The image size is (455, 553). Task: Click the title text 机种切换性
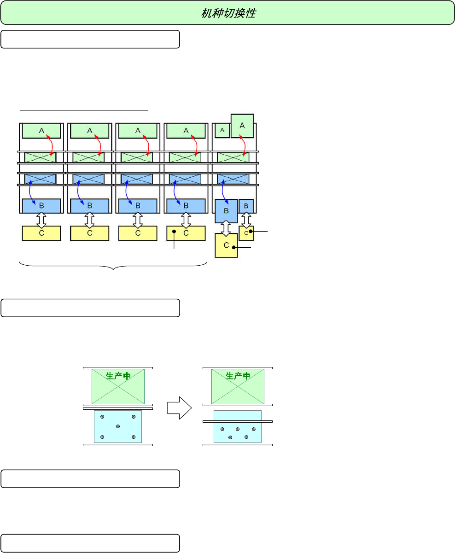[228, 13]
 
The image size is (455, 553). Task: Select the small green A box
[222, 131]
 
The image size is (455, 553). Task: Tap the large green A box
[242, 126]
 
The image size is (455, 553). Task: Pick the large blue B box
[226, 211]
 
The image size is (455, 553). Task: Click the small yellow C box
[246, 233]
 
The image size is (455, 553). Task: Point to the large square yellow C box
[226, 245]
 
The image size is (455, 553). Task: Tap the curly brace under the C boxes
[113, 267]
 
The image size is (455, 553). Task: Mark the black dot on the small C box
[251, 232]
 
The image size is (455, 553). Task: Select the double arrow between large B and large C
[226, 228]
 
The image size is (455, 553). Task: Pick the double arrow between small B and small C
[246, 220]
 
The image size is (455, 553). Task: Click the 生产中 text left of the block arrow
[118, 376]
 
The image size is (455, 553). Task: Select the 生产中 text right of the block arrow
[238, 376]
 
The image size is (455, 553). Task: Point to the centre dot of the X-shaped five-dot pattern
[118, 426]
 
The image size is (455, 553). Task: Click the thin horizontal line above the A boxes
[84, 111]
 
